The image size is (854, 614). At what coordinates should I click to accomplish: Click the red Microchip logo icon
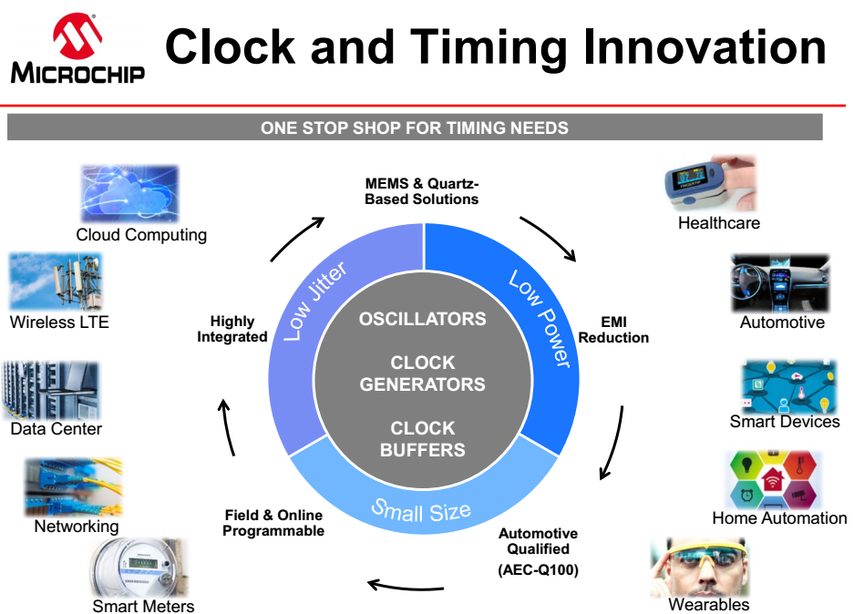(x=77, y=36)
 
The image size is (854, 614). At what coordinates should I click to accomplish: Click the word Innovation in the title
(x=705, y=48)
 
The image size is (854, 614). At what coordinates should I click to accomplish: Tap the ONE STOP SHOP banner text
(x=415, y=128)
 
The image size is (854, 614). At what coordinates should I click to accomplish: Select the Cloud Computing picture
(x=129, y=194)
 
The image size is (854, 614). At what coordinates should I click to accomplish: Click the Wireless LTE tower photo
(x=57, y=281)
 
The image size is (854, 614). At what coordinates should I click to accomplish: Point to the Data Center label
(x=57, y=429)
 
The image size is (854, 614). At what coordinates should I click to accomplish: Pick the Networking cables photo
(x=74, y=486)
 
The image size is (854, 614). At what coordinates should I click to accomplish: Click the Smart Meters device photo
(x=139, y=568)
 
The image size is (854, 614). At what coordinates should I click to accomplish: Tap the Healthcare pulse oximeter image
(x=711, y=183)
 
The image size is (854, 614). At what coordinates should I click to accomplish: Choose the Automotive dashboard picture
(x=780, y=283)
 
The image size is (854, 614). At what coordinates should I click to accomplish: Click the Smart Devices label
(x=785, y=422)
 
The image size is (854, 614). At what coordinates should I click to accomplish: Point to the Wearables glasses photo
(x=700, y=568)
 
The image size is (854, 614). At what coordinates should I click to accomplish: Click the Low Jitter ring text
(x=315, y=301)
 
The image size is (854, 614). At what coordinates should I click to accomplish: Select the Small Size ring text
(x=421, y=510)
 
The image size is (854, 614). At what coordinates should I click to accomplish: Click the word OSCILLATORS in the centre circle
(x=423, y=319)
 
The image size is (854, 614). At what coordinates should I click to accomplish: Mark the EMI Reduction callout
(x=613, y=330)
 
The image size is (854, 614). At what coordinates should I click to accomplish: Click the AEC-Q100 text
(x=538, y=570)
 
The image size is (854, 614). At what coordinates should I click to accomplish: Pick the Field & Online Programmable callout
(x=273, y=523)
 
